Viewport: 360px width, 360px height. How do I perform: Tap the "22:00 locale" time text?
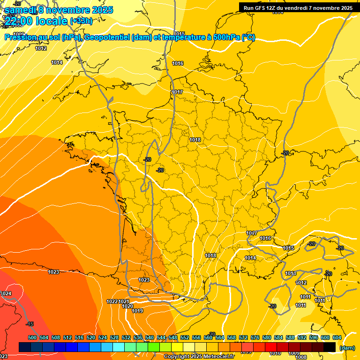click(36, 21)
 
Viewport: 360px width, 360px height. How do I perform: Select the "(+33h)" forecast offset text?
click(81, 21)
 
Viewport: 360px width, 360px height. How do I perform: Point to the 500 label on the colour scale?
click(32, 337)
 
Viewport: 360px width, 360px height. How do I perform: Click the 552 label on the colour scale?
click(185, 337)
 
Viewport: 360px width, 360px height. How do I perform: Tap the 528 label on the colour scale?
click(114, 337)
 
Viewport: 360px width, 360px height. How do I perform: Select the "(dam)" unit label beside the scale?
click(346, 347)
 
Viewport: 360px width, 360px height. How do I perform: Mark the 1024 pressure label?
click(6, 293)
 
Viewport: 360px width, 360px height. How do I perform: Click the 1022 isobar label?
click(112, 301)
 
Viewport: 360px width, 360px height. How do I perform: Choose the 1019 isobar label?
click(137, 311)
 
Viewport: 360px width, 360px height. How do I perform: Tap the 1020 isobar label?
click(127, 306)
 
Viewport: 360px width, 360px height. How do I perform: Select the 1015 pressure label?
click(288, 248)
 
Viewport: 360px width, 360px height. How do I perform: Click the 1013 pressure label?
click(291, 273)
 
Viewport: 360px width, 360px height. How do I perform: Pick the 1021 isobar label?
click(124, 301)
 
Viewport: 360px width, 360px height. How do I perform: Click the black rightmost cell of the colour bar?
click(330, 347)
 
